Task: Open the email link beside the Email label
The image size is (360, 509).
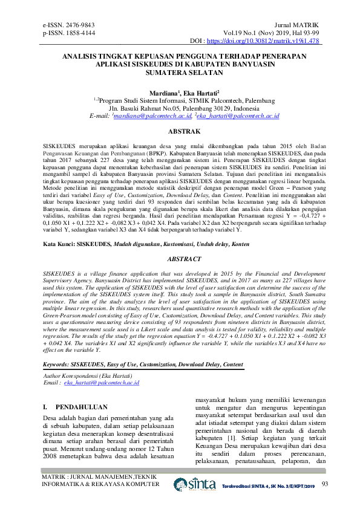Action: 102,383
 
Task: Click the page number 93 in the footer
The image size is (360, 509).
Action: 325,484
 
